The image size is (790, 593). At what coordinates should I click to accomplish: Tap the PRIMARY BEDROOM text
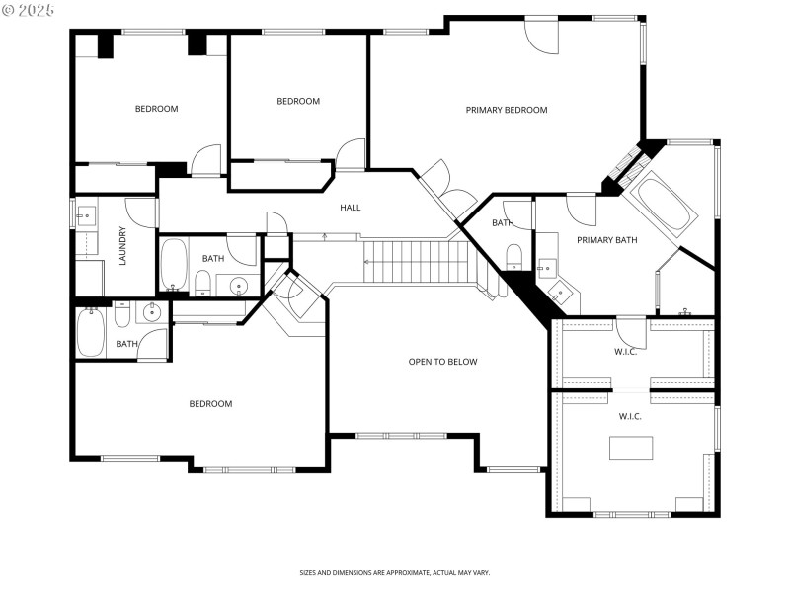tap(506, 110)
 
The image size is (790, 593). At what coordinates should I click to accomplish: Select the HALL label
tap(351, 208)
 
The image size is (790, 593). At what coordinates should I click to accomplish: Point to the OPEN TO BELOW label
tap(442, 362)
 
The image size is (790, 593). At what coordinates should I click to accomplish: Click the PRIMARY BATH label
tap(606, 240)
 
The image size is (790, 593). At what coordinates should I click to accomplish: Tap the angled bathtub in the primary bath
tap(663, 206)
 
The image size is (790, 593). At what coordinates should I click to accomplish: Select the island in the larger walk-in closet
tap(630, 448)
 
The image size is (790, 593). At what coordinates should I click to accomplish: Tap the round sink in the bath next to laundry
tap(238, 287)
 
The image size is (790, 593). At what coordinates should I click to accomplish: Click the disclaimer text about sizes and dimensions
tap(395, 572)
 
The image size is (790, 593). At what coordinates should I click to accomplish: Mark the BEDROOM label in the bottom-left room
tap(210, 403)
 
